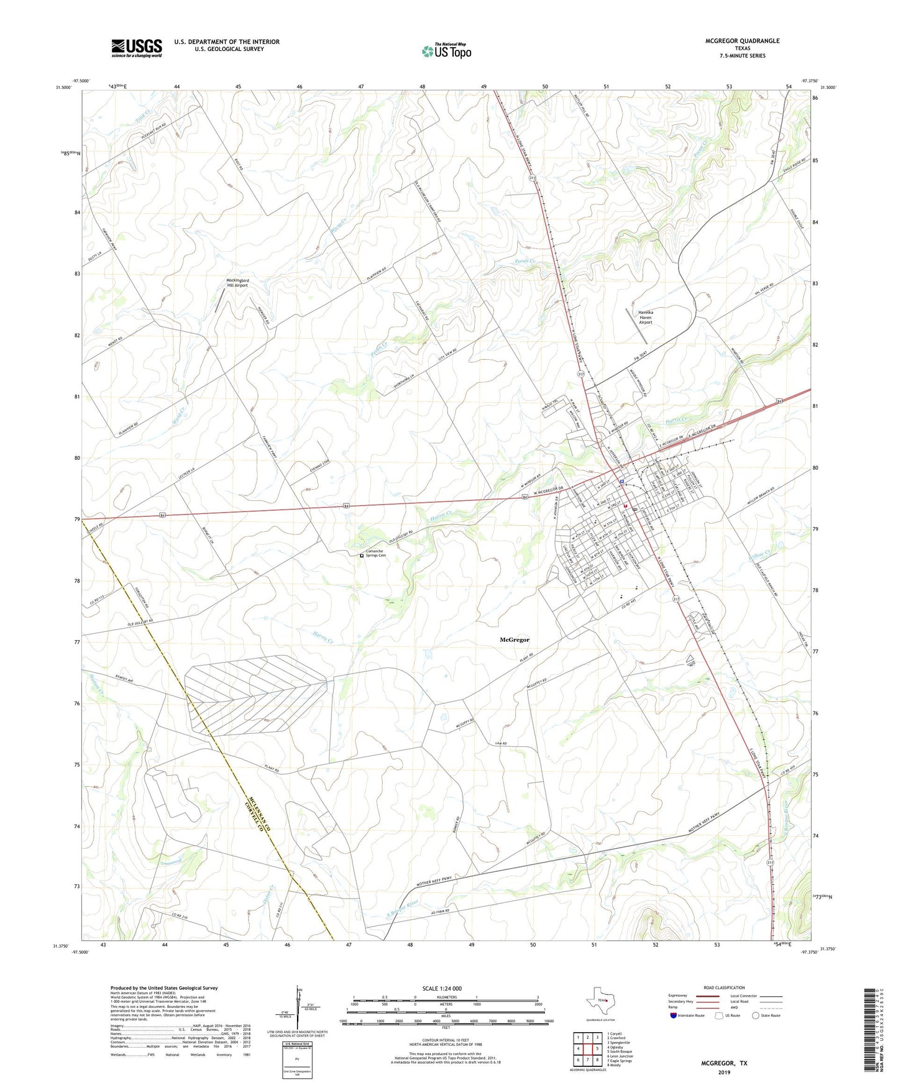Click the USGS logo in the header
pyautogui.click(x=137, y=47)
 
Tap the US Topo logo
pyautogui.click(x=446, y=51)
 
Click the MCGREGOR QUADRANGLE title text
pyautogui.click(x=742, y=41)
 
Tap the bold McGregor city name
pyautogui.click(x=515, y=639)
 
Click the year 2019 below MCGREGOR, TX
pyautogui.click(x=723, y=1072)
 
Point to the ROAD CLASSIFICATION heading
pyautogui.click(x=725, y=987)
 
